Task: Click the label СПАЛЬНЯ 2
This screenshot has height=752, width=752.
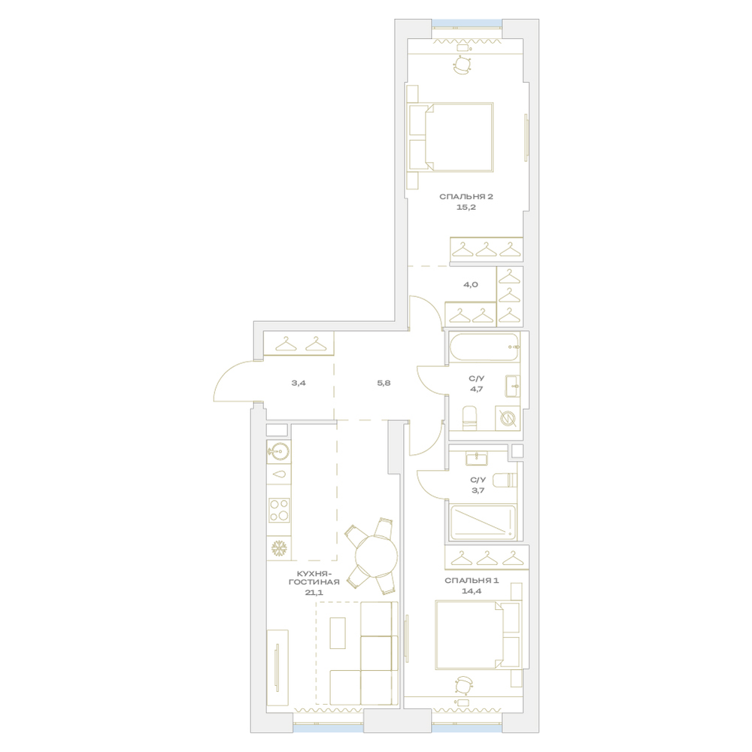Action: (466, 196)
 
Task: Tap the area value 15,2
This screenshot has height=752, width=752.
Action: (466, 208)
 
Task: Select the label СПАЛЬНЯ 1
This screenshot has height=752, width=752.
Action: (472, 581)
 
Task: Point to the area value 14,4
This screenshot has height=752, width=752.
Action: (472, 591)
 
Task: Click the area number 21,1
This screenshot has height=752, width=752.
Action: (314, 593)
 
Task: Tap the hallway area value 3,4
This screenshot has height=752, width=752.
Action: (299, 384)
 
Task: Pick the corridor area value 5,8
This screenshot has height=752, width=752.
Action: (384, 384)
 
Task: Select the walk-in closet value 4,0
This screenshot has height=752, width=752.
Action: (471, 284)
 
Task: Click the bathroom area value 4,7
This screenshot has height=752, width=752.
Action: (476, 389)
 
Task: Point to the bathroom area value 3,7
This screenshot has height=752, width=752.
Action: (478, 490)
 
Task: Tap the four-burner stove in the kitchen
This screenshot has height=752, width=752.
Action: (279, 510)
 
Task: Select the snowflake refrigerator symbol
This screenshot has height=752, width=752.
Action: (279, 548)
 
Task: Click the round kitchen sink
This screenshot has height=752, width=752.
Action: (279, 450)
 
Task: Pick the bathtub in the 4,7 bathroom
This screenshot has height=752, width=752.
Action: (484, 347)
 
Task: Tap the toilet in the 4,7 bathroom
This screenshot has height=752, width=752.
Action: (469, 418)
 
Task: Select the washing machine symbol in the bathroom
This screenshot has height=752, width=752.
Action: (507, 418)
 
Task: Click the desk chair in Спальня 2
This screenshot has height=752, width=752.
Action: (462, 65)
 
